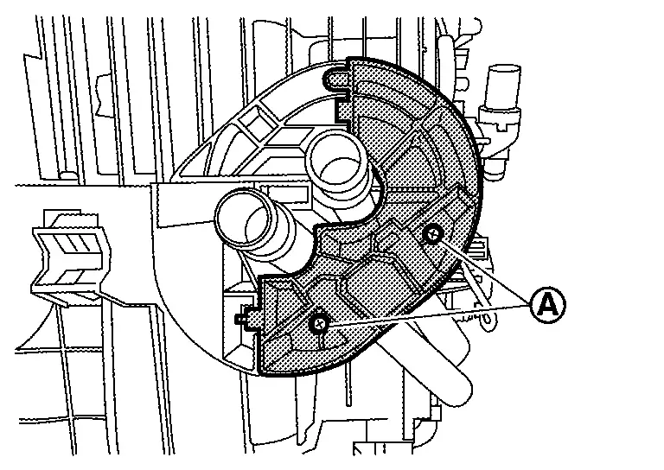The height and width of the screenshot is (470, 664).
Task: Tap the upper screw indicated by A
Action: (x=430, y=233)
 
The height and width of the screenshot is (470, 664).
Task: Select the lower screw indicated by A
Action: (x=319, y=322)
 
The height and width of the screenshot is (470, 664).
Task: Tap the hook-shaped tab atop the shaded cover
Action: (x=336, y=81)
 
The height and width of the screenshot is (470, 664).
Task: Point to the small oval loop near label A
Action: (x=489, y=320)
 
